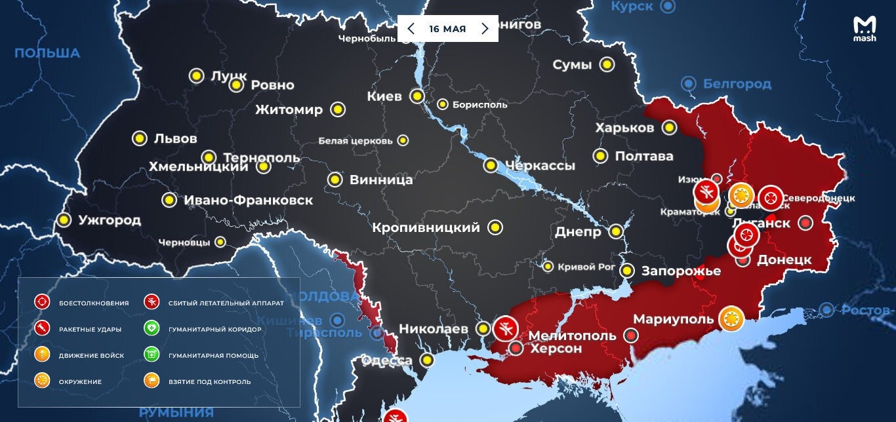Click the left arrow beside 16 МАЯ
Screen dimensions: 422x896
tap(411, 29)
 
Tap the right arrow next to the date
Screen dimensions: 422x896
tap(485, 29)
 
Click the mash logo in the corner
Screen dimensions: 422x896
tap(864, 29)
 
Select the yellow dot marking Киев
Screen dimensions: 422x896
tap(417, 96)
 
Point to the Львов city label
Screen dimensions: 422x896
tap(175, 139)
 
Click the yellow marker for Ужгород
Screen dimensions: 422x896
tap(64, 220)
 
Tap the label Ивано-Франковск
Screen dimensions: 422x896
tap(248, 201)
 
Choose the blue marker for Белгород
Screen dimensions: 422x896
tap(688, 84)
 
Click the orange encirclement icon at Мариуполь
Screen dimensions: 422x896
tap(731, 319)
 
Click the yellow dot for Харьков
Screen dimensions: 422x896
tap(669, 127)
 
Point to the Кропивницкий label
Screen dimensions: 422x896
tap(426, 228)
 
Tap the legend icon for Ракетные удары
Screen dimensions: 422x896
tap(42, 329)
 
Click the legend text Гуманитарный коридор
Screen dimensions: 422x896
tap(214, 329)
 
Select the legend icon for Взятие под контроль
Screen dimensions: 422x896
tap(152, 381)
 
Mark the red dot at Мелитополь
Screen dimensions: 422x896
tap(631, 336)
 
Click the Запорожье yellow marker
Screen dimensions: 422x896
tap(628, 271)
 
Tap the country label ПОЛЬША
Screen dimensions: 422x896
tap(47, 53)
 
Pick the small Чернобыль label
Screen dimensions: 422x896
tap(367, 38)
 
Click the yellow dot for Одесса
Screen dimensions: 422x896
tap(428, 360)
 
